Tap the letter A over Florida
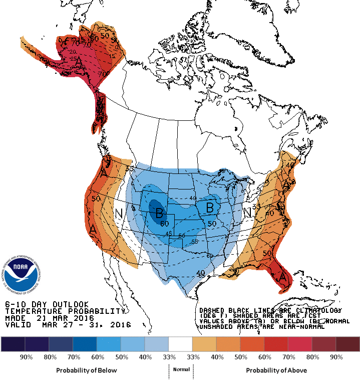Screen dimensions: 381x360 pos(282,277)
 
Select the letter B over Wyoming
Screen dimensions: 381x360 pos(159,212)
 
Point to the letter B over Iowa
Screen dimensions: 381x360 pos(210,207)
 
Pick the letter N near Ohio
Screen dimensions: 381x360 pos(248,212)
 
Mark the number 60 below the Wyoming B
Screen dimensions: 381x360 pos(164,223)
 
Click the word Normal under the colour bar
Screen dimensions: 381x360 pos(181,369)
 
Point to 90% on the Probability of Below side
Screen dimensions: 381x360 pos(26,357)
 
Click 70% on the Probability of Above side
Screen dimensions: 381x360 pos(288,357)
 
